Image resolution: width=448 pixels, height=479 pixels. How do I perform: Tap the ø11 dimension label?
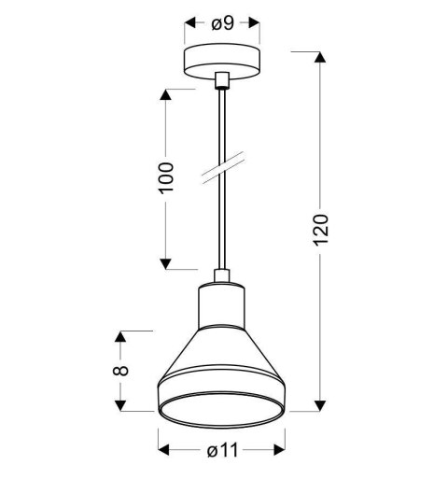coord(221,452)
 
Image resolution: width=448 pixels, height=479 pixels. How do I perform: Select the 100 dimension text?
coord(167,176)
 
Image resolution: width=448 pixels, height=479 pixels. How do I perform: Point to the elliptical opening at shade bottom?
coord(221,402)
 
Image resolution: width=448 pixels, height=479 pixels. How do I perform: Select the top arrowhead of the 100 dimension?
coord(168,95)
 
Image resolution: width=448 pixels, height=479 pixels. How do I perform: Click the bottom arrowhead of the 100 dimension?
coord(168,262)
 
